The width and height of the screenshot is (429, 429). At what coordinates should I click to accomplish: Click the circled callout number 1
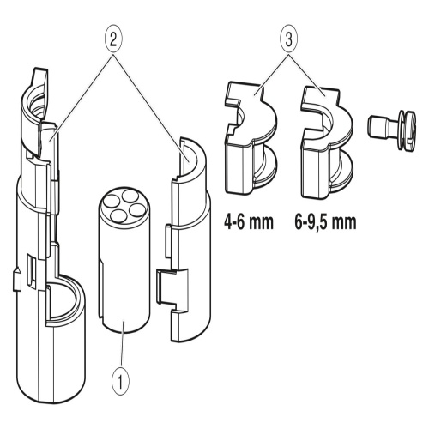tap(120, 381)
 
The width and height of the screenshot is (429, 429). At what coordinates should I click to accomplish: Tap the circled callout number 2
tap(113, 40)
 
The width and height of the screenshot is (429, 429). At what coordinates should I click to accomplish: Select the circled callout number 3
tap(289, 40)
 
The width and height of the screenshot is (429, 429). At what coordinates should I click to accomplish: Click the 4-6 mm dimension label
tap(249, 222)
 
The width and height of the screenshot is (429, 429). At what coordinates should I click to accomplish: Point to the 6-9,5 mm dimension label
tap(326, 222)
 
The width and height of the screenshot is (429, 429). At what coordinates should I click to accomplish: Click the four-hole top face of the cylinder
tap(124, 205)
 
